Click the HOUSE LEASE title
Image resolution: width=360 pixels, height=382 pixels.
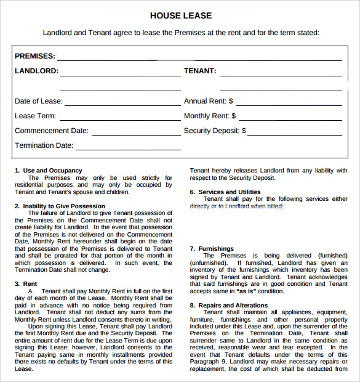[180, 15]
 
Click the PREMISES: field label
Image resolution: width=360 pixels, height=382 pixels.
[34, 56]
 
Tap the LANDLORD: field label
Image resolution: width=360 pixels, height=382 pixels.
[36, 71]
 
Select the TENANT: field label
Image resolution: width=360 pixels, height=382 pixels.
[200, 71]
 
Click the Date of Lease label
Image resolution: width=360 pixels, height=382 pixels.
[38, 101]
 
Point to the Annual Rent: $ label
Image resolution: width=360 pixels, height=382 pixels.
[208, 101]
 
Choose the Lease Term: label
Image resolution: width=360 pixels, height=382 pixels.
[35, 116]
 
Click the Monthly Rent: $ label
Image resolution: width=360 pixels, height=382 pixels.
[209, 116]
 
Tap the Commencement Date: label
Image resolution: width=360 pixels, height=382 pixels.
[51, 131]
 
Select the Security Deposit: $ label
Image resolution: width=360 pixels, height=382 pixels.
[215, 131]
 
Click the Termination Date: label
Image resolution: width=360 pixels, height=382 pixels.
[44, 145]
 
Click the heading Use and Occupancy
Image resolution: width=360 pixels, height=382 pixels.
[52, 171]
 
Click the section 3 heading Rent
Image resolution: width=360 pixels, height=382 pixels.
[30, 284]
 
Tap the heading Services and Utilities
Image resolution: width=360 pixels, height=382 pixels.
[229, 192]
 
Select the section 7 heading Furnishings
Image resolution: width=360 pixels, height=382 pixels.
[216, 249]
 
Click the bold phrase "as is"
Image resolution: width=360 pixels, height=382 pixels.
[242, 291]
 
